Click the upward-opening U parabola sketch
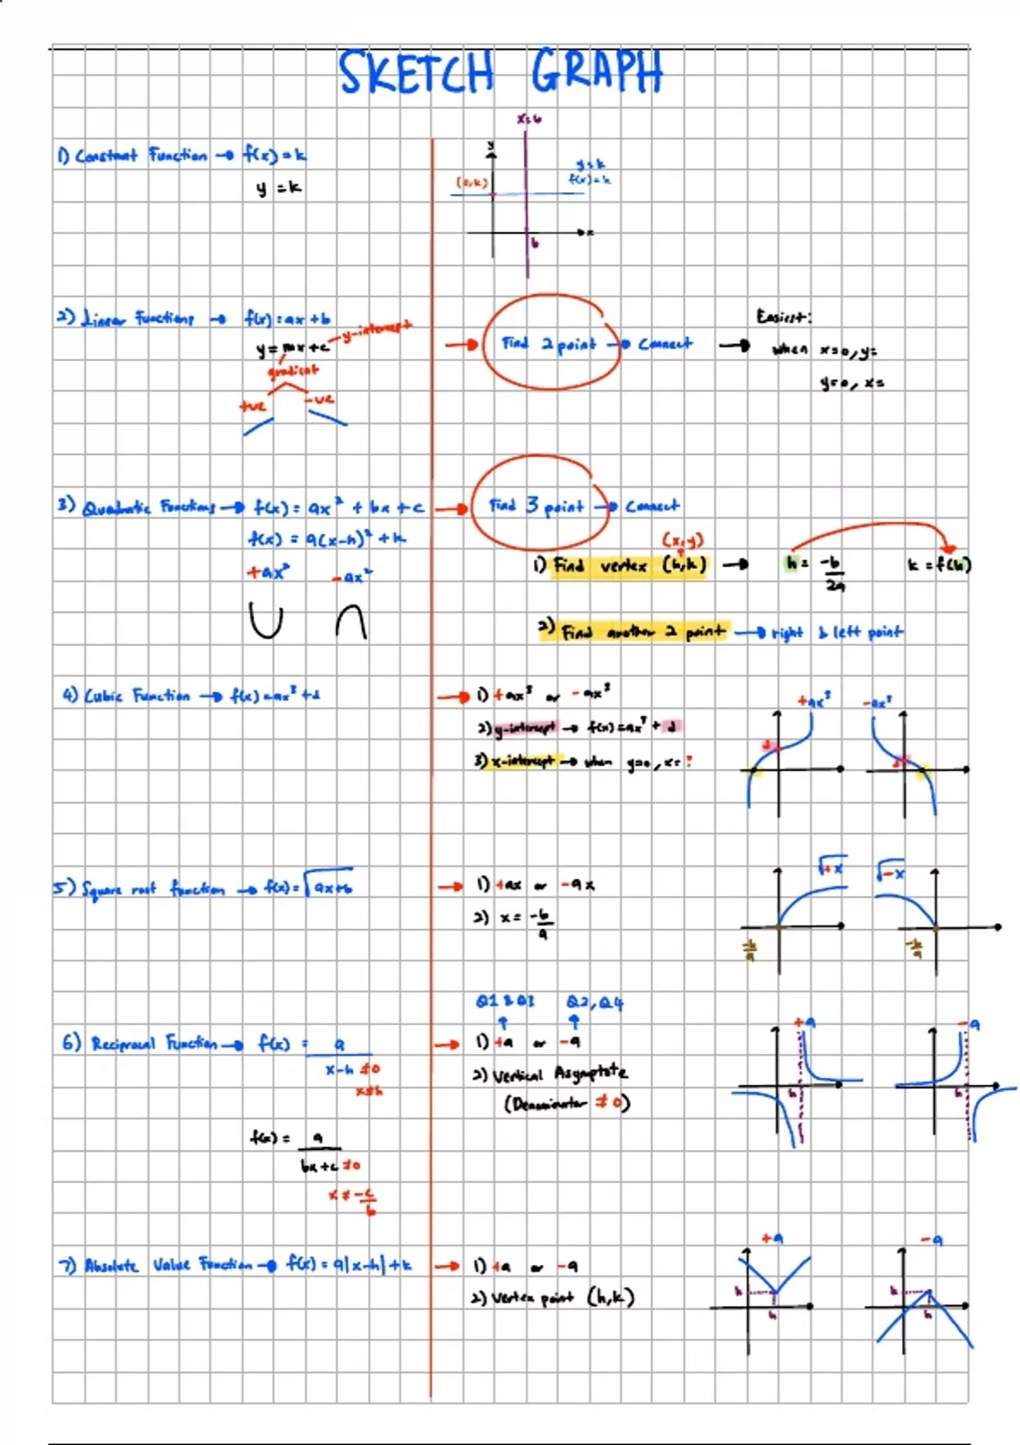point(266,620)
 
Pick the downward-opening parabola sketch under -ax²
point(351,621)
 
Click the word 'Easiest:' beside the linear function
point(783,317)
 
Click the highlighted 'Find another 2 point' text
point(643,632)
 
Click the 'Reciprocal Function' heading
point(153,1043)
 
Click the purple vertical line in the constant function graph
point(526,204)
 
